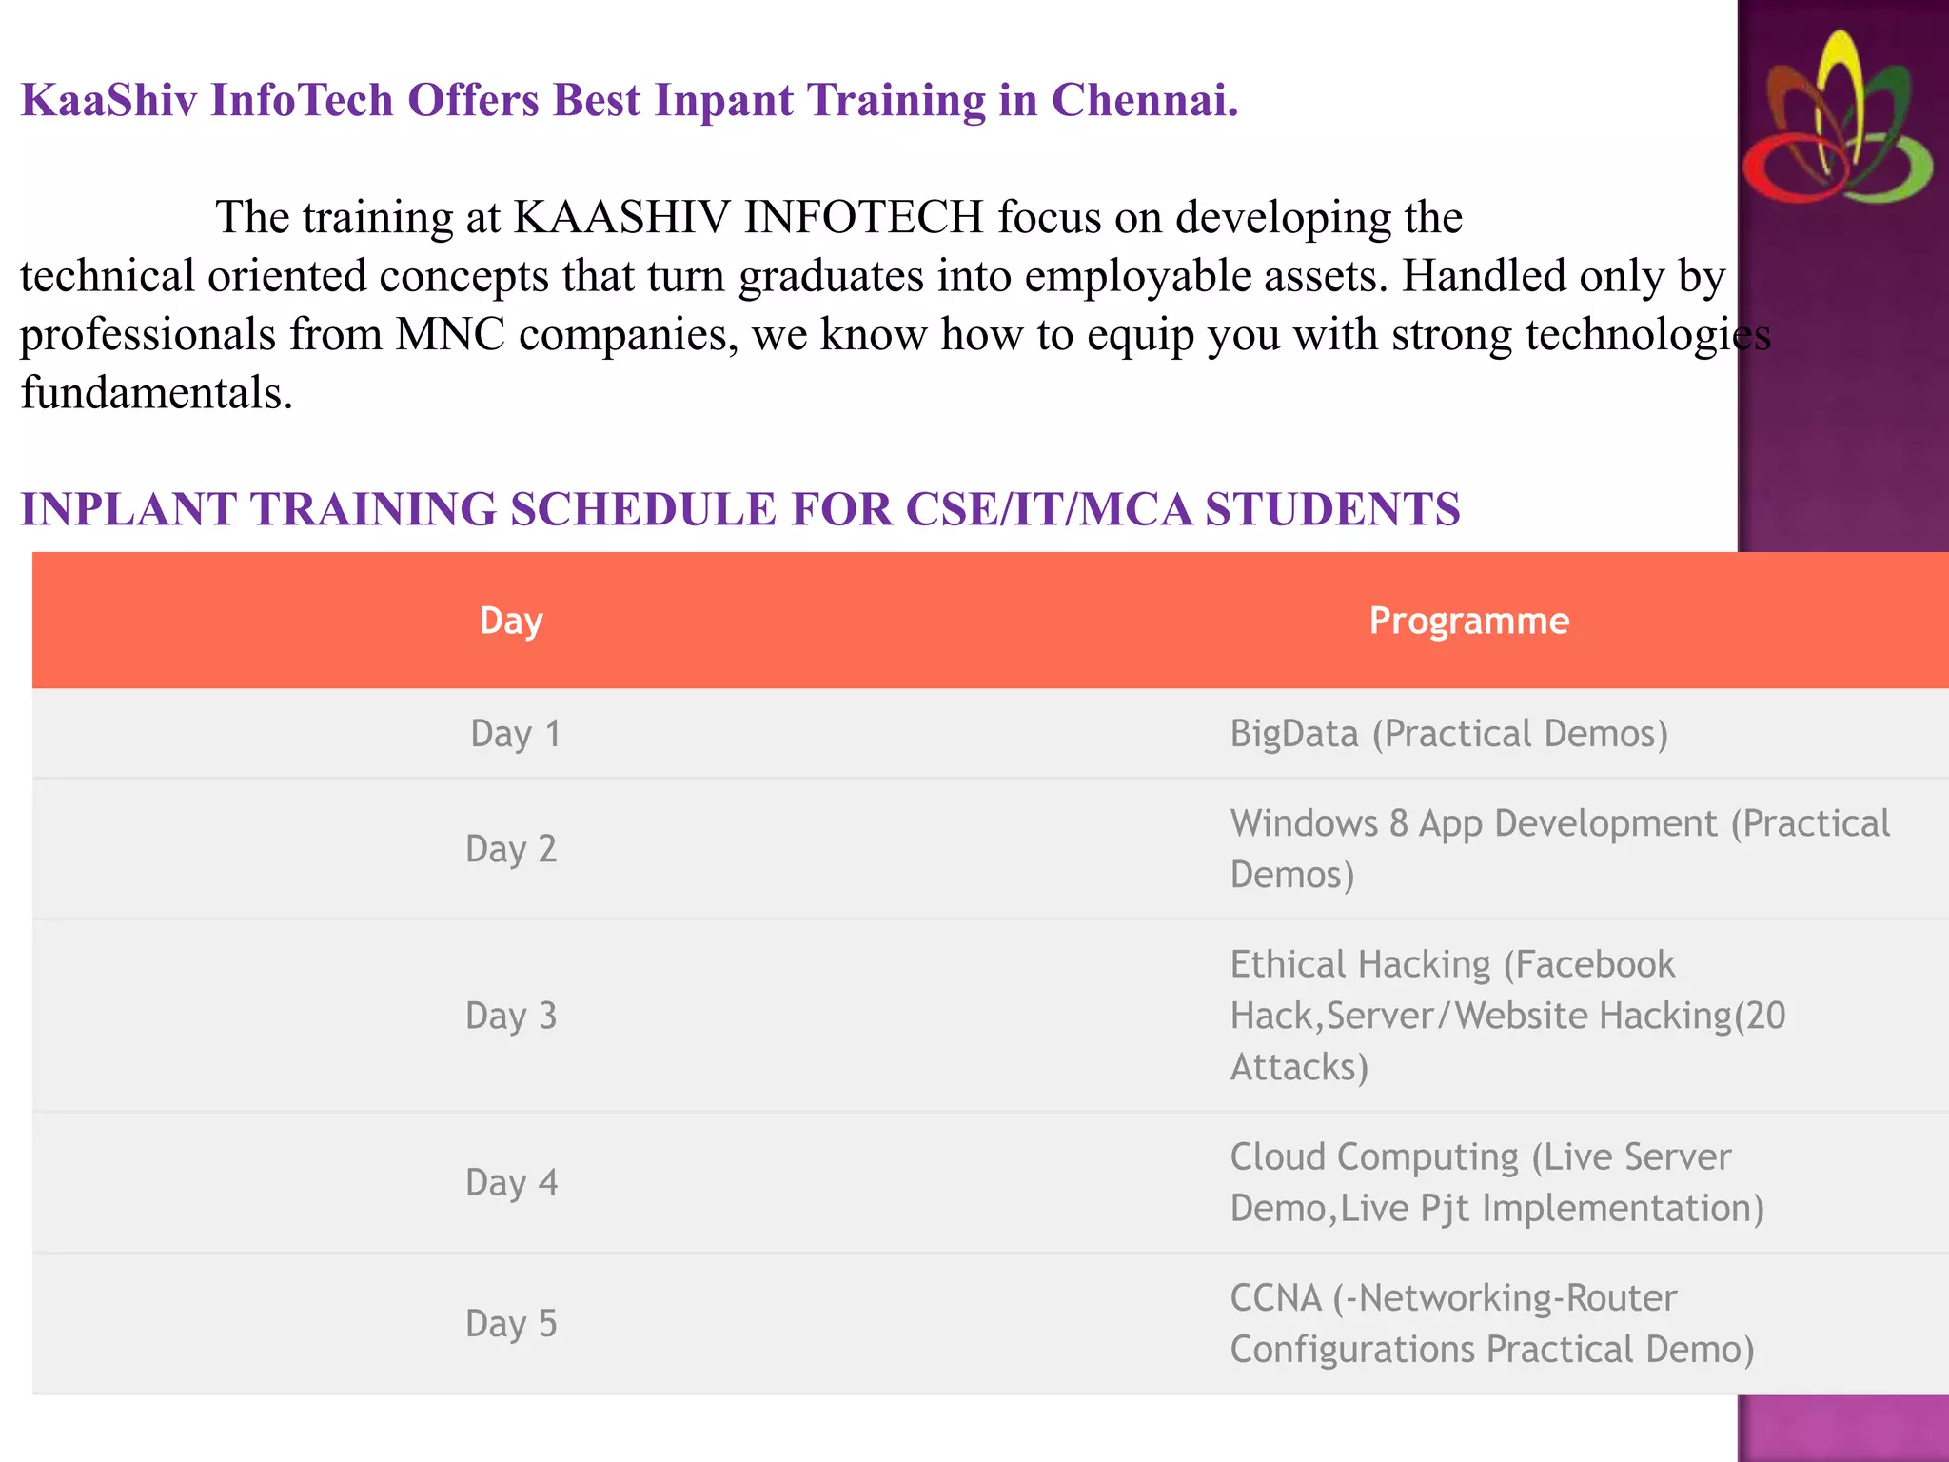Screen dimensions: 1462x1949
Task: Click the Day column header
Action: [x=511, y=621]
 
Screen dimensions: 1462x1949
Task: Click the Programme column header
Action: [x=1468, y=621]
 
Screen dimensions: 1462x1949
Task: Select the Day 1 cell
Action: [x=515, y=734]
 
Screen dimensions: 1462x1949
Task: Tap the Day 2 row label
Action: [x=511, y=848]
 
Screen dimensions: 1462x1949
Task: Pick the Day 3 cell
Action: [x=511, y=1016]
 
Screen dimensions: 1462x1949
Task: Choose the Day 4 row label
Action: [x=511, y=1182]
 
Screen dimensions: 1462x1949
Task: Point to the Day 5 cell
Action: [x=511, y=1323]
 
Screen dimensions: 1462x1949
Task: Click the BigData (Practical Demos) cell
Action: [x=1448, y=734]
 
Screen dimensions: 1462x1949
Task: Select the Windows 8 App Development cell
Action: [x=1559, y=848]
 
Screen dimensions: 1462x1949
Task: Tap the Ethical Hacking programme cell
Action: [x=1507, y=1016]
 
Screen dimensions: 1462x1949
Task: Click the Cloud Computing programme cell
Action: [x=1497, y=1182]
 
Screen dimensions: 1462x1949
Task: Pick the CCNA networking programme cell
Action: [x=1491, y=1323]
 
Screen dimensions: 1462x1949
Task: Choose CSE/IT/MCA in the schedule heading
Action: [x=1049, y=508]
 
